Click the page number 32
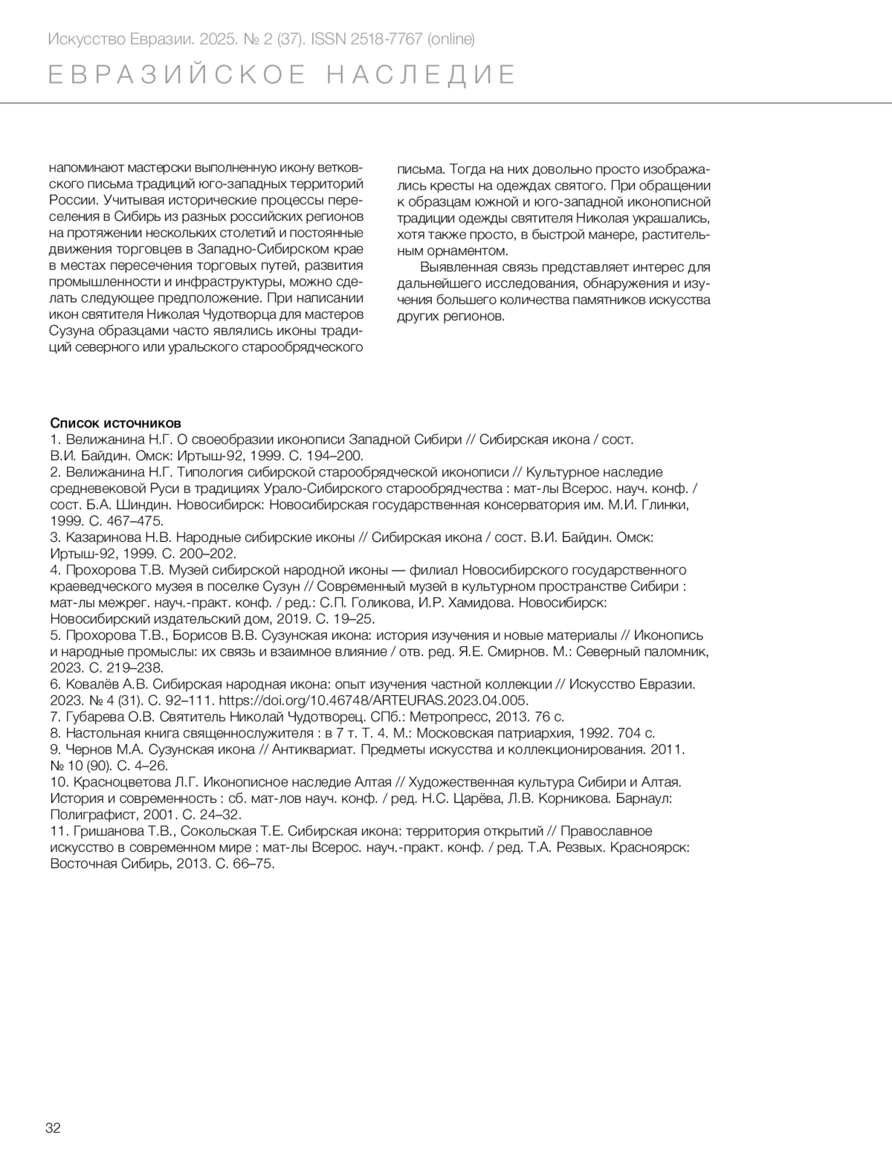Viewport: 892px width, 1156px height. point(54,1127)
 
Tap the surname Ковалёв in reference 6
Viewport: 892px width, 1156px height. point(93,684)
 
